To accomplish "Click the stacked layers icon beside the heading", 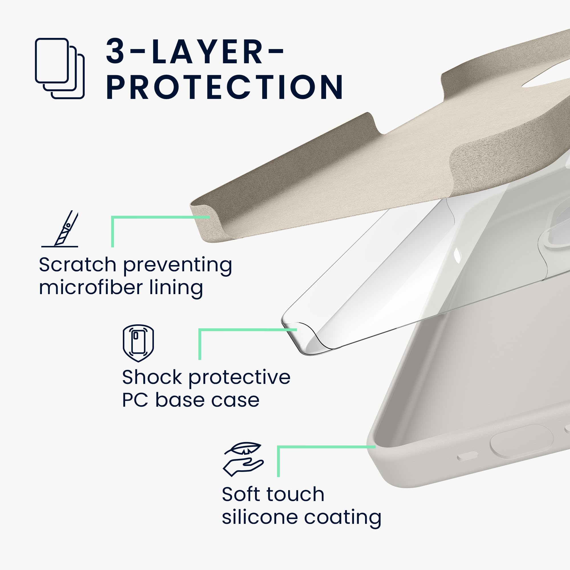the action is point(60,68).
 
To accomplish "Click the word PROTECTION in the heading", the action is point(225,87).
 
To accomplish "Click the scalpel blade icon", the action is point(60,229).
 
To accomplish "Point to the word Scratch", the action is point(78,265).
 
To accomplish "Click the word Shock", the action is point(152,377).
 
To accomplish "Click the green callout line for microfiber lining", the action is point(112,217).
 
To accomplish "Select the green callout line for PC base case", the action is point(200,329).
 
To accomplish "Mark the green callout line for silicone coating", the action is point(278,447).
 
